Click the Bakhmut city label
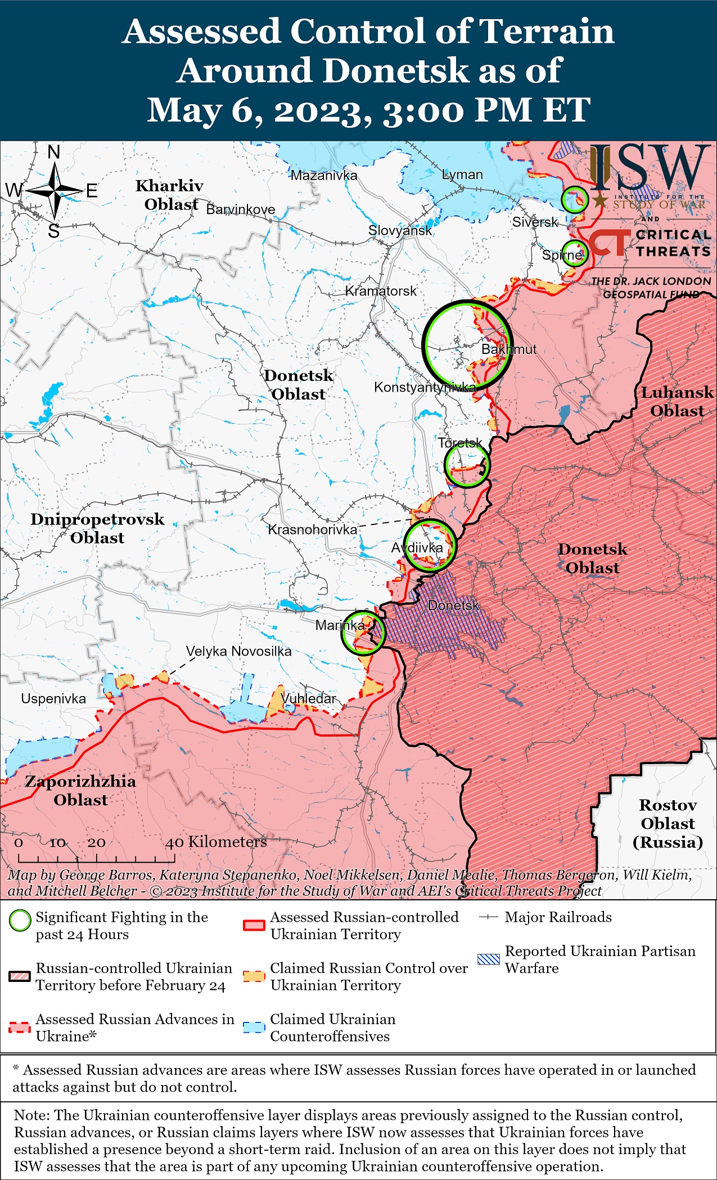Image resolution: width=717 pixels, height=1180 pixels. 508,349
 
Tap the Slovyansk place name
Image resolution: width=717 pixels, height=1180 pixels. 400,230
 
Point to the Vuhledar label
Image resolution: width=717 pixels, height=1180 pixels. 308,698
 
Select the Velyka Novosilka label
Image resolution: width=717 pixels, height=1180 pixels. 238,652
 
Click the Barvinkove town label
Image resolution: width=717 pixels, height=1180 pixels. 241,209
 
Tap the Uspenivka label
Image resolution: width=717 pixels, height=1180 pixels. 53,699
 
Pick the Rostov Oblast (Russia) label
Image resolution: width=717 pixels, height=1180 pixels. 668,823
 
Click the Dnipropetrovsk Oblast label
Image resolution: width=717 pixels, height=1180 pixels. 97,528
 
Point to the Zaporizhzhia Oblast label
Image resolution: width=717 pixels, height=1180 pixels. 80,791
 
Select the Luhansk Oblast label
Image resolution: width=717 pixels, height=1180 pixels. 677,402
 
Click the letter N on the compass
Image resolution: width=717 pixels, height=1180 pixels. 54,152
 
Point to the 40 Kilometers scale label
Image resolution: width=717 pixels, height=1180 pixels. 216,842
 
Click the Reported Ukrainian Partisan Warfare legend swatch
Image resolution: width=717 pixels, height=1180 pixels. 488,959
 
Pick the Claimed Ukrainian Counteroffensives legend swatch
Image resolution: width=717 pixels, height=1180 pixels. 254,1027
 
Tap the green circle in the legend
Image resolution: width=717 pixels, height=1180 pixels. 20,921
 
